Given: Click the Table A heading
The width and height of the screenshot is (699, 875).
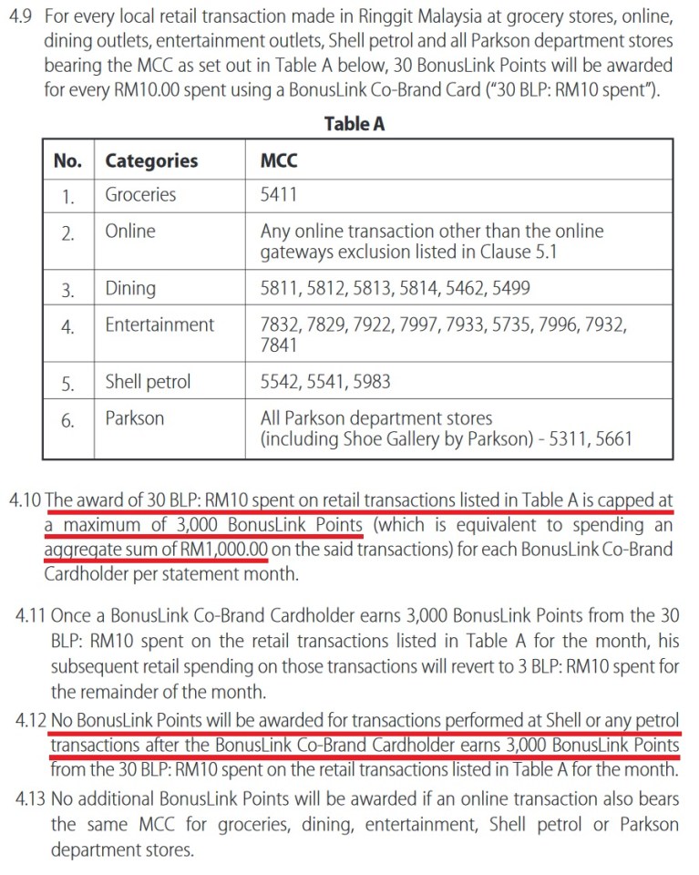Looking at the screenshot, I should click(x=354, y=124).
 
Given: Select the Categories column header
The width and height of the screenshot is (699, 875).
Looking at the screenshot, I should click(x=151, y=161).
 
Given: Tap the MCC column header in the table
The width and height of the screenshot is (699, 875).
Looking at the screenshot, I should click(x=279, y=161).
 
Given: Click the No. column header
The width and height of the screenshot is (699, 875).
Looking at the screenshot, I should click(x=67, y=161).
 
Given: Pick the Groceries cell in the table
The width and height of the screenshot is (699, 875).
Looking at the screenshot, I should click(x=140, y=194).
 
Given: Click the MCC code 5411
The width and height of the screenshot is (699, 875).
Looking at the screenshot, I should click(x=279, y=194).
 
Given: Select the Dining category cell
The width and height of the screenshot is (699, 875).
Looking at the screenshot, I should click(x=130, y=289).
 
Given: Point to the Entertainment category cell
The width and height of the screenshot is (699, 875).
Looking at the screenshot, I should click(x=159, y=324).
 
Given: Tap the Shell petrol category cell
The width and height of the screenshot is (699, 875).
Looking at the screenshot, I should click(x=148, y=382).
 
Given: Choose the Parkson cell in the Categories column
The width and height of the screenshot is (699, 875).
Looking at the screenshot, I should click(x=135, y=418).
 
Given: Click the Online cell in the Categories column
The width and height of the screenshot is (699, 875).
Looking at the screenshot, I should click(x=130, y=232).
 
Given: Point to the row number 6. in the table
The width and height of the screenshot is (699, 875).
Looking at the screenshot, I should click(x=67, y=420).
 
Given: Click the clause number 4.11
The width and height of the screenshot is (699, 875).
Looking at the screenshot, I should click(x=32, y=616).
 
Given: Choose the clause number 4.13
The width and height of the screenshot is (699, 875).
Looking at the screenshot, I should click(x=32, y=799).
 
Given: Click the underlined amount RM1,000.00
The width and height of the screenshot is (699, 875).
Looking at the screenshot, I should click(x=223, y=551).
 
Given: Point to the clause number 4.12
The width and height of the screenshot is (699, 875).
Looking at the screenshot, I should click(x=32, y=719).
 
